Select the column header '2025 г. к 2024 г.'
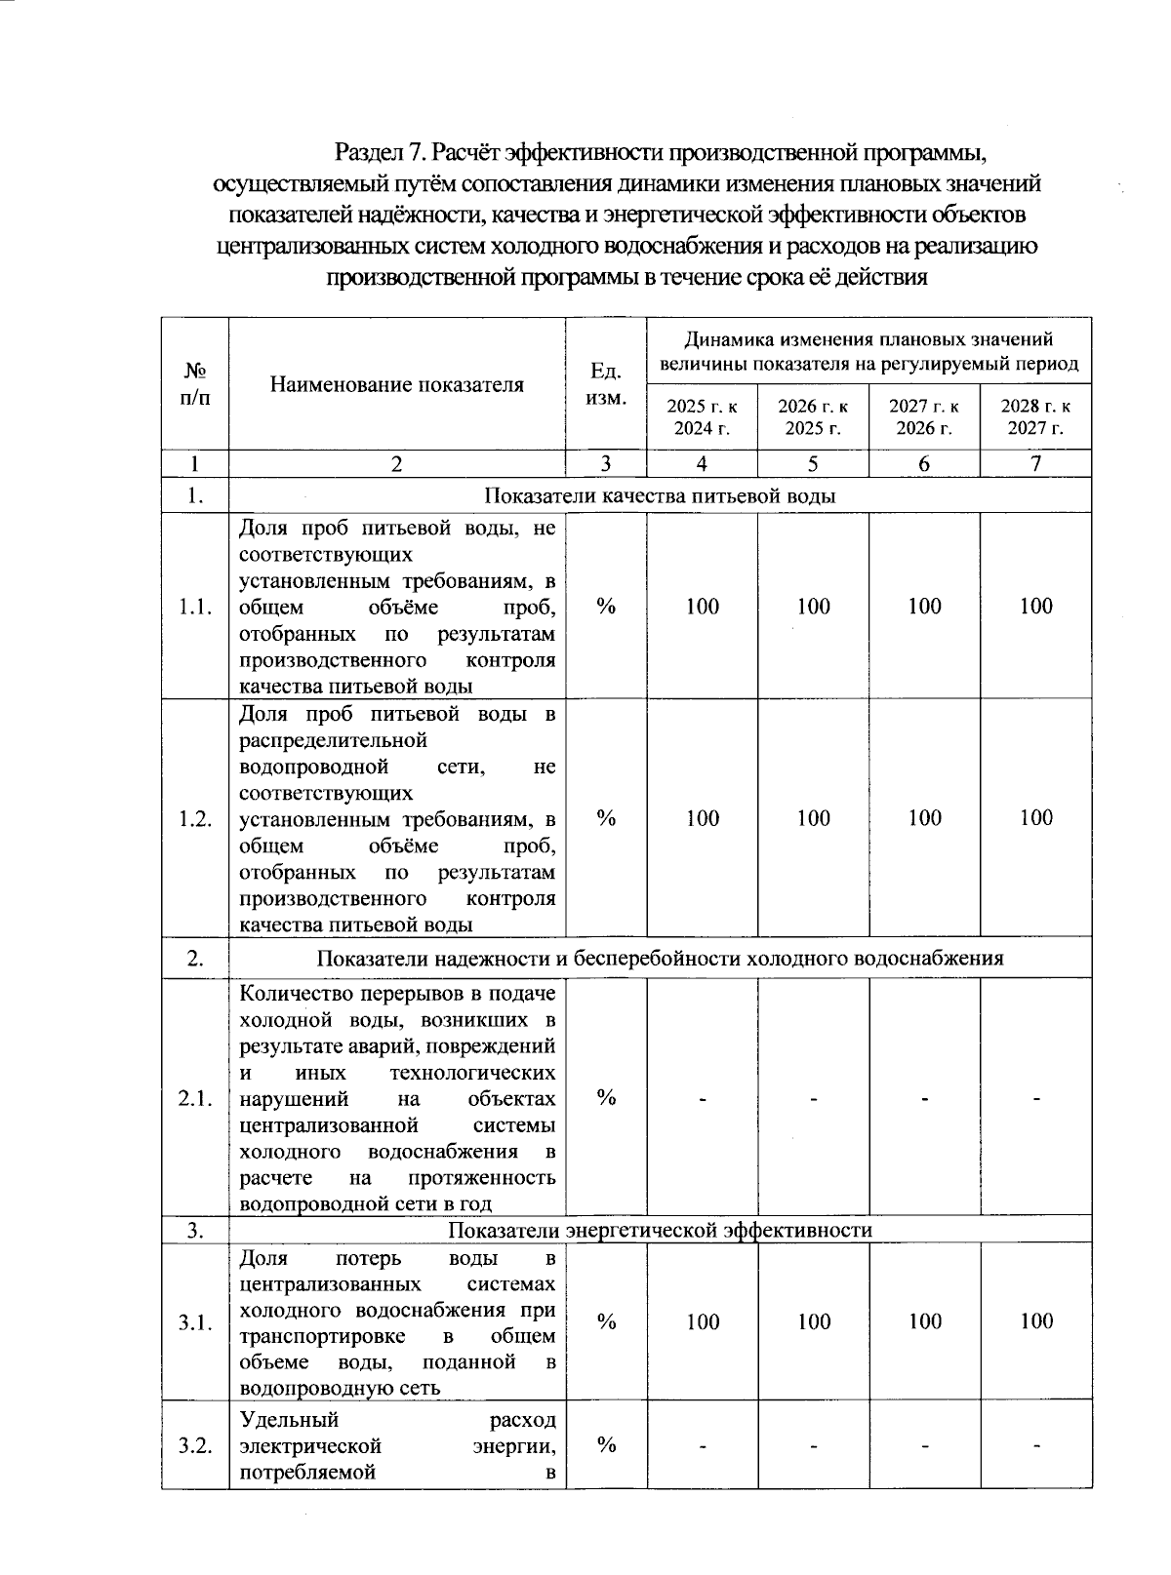coord(702,416)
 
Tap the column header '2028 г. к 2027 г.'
coord(1035,416)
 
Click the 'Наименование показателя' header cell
coord(396,384)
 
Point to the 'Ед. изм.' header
coord(606,384)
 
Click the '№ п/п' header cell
coord(195,384)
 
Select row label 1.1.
coord(195,607)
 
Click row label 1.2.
coord(195,818)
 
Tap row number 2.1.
coord(195,1098)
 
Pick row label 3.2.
coord(195,1445)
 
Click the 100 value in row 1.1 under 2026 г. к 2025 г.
coord(813,607)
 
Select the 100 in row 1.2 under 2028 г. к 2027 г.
coord(1035,818)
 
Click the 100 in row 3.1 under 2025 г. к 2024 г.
coord(702,1321)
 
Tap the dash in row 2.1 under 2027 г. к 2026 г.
coord(924,1099)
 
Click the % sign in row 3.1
coord(606,1321)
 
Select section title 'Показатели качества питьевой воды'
coord(660,495)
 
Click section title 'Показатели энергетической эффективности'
coord(660,1230)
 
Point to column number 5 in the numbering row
coord(813,464)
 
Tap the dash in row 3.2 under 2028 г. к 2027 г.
coord(1035,1446)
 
